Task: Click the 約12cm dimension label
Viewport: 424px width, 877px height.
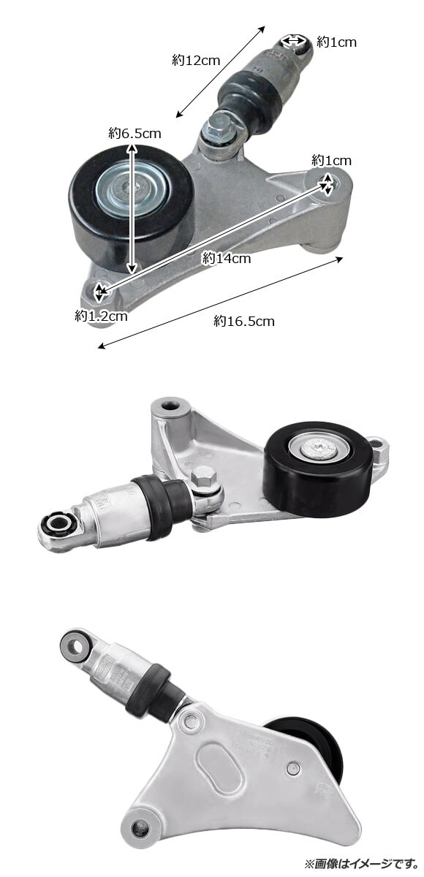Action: coord(196,60)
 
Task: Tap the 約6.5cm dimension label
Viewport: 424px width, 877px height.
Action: coord(135,134)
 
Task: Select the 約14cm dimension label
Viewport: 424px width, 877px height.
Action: coord(227,258)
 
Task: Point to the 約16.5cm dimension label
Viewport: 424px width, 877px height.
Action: coord(244,321)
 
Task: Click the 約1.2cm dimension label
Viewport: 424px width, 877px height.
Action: coord(101,316)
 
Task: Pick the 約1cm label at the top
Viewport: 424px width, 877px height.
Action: coord(336,42)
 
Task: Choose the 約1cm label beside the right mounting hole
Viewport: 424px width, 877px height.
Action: coord(331,160)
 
